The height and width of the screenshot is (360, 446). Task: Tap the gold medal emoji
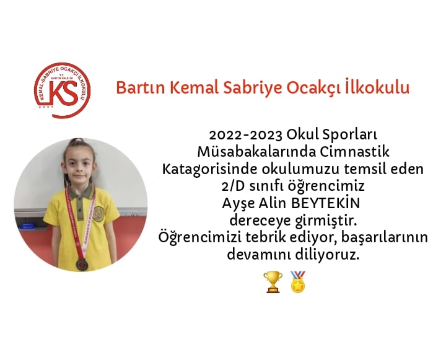(x=298, y=282)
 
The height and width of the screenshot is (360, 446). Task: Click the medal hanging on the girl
(x=81, y=265)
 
